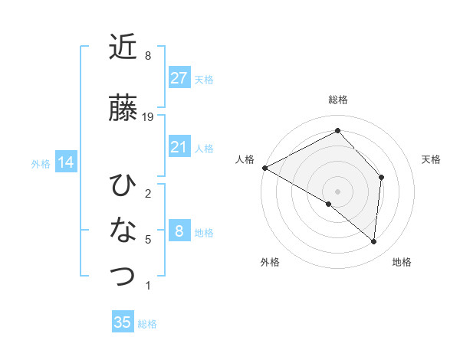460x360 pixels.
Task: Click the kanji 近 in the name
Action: click(x=123, y=49)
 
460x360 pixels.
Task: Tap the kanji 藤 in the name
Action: click(x=123, y=109)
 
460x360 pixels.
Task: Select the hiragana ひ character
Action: click(x=123, y=185)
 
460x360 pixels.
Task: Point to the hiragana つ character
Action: click(x=123, y=276)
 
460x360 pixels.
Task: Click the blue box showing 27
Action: click(x=179, y=78)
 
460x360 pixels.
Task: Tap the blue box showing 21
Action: click(x=179, y=147)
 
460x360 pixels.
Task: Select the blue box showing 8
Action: click(x=179, y=231)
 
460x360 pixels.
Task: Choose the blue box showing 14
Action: click(x=65, y=162)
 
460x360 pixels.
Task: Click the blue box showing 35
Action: click(x=123, y=322)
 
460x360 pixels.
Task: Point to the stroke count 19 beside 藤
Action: click(x=149, y=116)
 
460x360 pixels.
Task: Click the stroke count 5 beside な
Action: click(x=148, y=240)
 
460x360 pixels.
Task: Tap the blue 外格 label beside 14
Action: click(x=41, y=163)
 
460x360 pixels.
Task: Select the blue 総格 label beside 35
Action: click(x=147, y=324)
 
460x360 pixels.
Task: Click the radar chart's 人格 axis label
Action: click(x=245, y=159)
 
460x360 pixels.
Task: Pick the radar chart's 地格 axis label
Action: click(x=402, y=262)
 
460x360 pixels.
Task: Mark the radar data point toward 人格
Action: click(x=264, y=167)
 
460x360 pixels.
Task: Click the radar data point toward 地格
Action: click(x=373, y=241)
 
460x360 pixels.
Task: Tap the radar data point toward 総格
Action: click(x=337, y=131)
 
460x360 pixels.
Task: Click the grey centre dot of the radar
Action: click(x=337, y=191)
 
